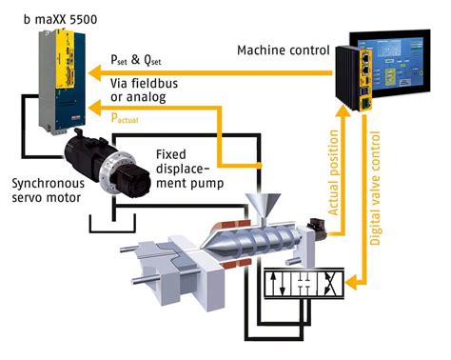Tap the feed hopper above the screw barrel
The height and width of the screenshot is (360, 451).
click(x=261, y=204)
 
